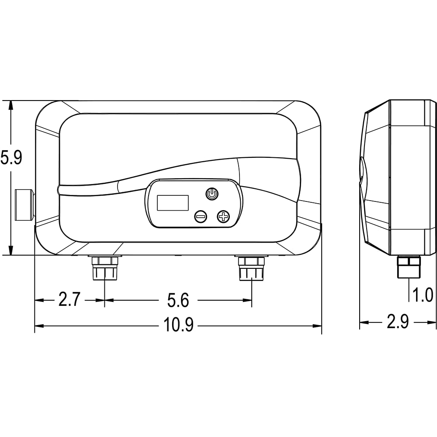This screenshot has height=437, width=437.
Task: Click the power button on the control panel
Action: click(212, 194)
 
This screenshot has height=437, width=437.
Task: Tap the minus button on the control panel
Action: click(201, 216)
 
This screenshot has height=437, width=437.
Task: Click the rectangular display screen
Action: click(173, 203)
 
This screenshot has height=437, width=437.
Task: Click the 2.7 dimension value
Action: click(69, 299)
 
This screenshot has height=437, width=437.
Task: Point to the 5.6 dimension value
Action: click(178, 300)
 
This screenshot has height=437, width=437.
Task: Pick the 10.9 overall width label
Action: click(178, 325)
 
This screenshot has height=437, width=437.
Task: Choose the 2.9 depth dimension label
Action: click(398, 322)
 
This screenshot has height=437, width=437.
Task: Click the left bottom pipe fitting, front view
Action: click(105, 268)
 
